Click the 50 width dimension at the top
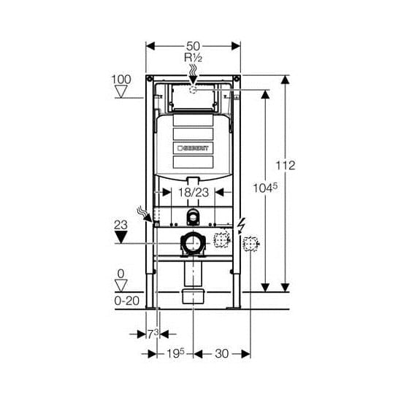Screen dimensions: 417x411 (x=193, y=46)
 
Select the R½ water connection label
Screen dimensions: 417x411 (x=193, y=58)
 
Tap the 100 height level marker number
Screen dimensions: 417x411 (x=121, y=80)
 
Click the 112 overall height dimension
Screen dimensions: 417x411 (x=286, y=166)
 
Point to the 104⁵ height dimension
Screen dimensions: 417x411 (x=265, y=188)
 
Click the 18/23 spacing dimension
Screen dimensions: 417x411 (x=194, y=193)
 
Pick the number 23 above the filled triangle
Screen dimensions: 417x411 (x=120, y=225)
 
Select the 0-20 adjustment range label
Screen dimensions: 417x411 (x=127, y=301)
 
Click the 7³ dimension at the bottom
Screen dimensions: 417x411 (x=153, y=334)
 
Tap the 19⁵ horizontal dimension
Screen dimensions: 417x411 (x=175, y=353)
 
